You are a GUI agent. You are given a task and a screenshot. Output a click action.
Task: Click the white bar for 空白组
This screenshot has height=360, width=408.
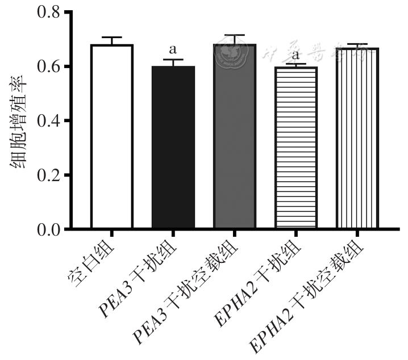click(111, 136)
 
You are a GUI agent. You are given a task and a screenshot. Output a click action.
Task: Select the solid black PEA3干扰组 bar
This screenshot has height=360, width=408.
click(173, 148)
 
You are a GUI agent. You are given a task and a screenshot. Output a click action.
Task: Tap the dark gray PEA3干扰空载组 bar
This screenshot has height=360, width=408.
click(235, 136)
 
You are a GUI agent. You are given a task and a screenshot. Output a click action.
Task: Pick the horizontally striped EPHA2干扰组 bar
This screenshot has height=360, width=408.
click(295, 148)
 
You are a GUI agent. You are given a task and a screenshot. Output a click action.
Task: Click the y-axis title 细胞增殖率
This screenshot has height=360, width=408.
click(18, 120)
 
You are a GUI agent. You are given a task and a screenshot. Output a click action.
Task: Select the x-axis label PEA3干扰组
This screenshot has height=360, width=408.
click(139, 278)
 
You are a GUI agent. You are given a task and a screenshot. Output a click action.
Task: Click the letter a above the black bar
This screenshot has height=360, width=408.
click(173, 49)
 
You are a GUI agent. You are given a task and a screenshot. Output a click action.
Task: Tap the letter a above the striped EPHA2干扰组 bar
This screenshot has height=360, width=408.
click(295, 55)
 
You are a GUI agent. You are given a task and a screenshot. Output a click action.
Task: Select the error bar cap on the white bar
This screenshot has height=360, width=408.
click(111, 37)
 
